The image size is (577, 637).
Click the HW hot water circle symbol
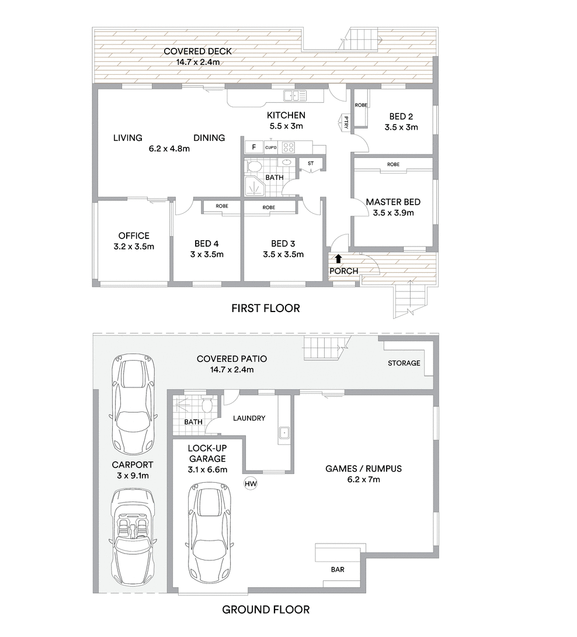click(251, 483)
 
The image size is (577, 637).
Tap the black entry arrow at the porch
click(338, 259)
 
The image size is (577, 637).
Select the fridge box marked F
click(254, 147)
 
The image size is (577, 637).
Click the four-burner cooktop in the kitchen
click(288, 147)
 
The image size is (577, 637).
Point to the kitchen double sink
click(295, 95)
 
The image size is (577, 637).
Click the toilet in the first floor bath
click(255, 167)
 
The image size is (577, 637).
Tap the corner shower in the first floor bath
click(255, 186)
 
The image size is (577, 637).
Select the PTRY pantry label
click(346, 122)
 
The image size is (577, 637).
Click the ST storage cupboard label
click(311, 163)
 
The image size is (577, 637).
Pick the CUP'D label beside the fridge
click(271, 147)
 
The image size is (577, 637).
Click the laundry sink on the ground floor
click(284, 433)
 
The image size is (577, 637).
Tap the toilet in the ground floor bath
click(207, 404)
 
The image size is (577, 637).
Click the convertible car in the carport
click(133, 537)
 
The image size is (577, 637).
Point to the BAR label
click(338, 570)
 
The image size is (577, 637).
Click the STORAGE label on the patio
click(404, 363)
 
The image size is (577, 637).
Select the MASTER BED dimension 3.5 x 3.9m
click(394, 213)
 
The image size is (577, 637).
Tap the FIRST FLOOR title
click(266, 309)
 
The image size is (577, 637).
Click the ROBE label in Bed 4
click(222, 206)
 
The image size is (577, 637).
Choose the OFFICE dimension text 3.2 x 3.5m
click(134, 247)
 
